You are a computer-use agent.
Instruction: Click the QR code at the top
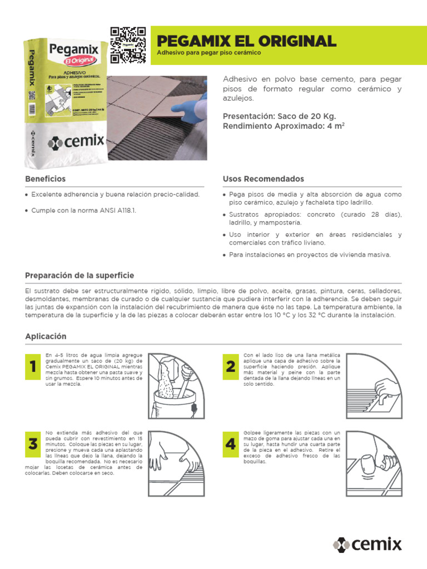(128, 45)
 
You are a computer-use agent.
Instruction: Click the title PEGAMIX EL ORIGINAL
(247, 41)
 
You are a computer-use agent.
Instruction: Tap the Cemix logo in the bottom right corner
(367, 545)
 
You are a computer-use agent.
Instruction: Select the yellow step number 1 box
(33, 366)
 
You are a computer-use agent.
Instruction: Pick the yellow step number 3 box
(33, 444)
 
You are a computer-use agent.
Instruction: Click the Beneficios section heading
(45, 179)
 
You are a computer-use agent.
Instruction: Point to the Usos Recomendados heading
(263, 179)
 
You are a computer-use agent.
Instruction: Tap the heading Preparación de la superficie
(80, 276)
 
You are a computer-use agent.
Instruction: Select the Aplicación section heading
(46, 336)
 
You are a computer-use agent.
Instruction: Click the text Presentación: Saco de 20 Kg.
(279, 116)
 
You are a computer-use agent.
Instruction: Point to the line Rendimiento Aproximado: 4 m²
(291, 127)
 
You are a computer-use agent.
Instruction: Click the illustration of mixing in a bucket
(177, 385)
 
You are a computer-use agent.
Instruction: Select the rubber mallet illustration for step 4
(374, 463)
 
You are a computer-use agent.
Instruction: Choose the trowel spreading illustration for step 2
(374, 385)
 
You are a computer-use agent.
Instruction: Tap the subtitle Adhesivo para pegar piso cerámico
(209, 53)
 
